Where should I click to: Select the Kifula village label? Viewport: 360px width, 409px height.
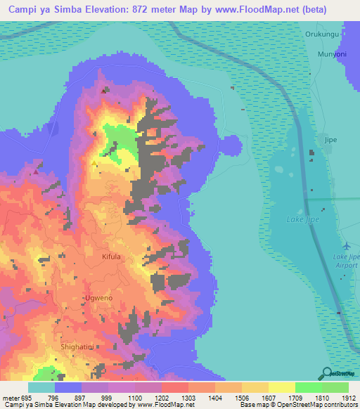(x=110, y=257)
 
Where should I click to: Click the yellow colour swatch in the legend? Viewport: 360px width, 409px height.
(x=281, y=387)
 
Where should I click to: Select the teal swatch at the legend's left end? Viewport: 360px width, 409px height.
(x=41, y=387)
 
